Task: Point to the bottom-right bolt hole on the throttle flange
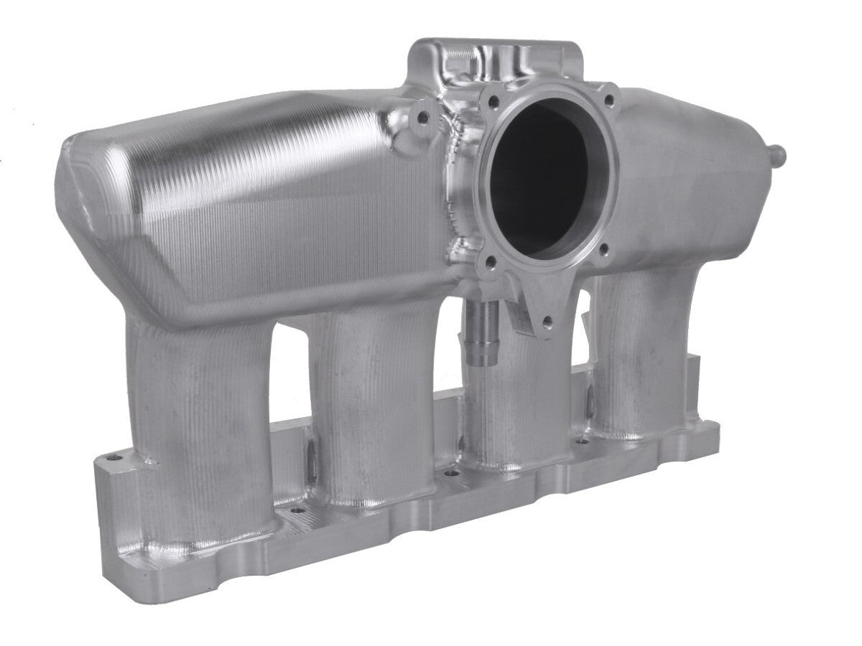(603, 249)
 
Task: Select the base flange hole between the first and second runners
(294, 512)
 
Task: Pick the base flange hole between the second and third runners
(450, 474)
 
